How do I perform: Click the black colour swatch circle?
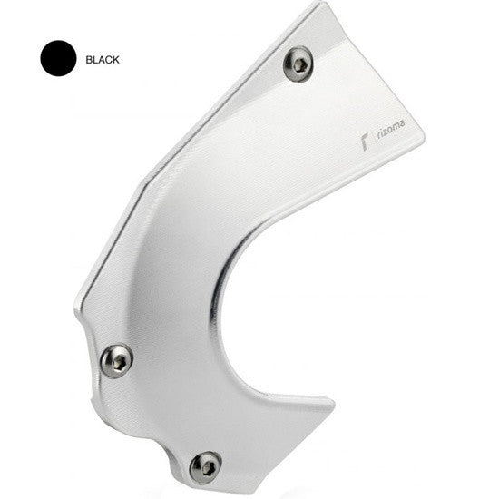click(57, 59)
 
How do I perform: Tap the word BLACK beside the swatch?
click(102, 59)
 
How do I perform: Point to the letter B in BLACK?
click(88, 59)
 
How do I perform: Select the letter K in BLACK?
click(115, 59)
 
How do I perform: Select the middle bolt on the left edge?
click(115, 360)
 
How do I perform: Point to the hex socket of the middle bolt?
click(115, 360)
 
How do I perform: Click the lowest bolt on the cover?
click(205, 465)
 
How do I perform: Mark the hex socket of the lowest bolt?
click(205, 465)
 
